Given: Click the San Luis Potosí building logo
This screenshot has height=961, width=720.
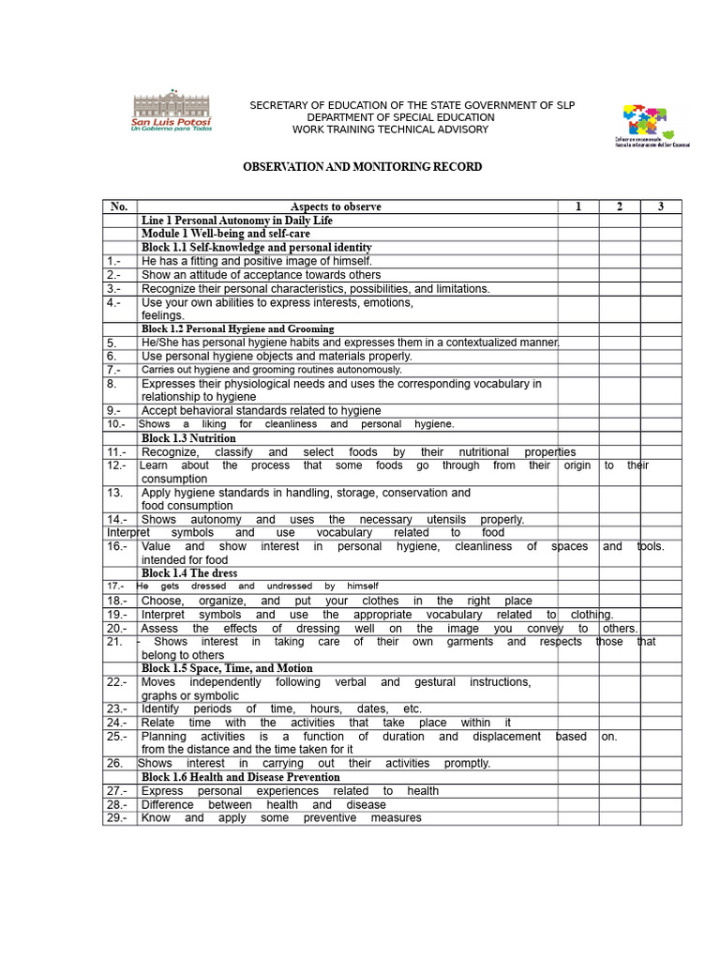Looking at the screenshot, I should (172, 112).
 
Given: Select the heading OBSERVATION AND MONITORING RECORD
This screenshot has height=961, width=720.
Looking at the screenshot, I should (363, 167).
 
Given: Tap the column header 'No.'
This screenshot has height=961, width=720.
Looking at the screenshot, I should (119, 206).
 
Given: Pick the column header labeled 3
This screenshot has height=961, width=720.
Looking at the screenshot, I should (661, 206).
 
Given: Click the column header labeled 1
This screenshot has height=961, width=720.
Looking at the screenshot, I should (578, 206).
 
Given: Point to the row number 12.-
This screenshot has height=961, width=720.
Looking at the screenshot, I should (116, 465).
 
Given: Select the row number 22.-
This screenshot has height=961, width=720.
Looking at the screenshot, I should (116, 682).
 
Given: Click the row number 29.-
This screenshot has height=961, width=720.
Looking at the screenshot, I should (116, 818).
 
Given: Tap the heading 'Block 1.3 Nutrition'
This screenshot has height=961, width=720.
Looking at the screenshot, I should (188, 438).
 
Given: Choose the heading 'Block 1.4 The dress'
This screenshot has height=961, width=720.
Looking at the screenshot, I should (189, 573).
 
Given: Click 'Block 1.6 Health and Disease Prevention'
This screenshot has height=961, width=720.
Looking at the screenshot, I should (240, 777).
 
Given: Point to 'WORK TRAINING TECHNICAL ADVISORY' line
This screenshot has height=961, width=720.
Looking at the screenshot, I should (390, 130).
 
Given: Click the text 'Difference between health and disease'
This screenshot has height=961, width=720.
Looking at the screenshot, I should (262, 805).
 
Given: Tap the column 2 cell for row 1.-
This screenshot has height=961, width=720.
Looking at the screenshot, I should (620, 261).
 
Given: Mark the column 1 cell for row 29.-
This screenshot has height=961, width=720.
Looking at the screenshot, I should (578, 818).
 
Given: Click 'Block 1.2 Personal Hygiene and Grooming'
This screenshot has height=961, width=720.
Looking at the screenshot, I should (237, 329).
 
